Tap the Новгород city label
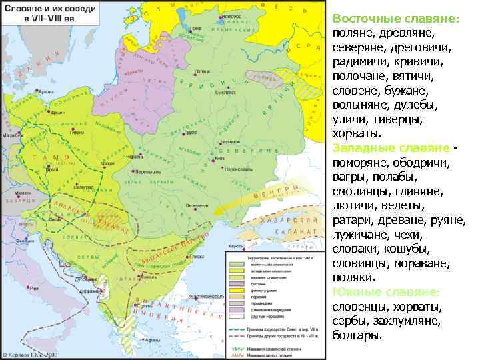(x=233, y=15)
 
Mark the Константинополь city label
(x=200, y=295)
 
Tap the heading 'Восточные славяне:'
(x=395, y=19)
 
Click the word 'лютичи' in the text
(x=351, y=205)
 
